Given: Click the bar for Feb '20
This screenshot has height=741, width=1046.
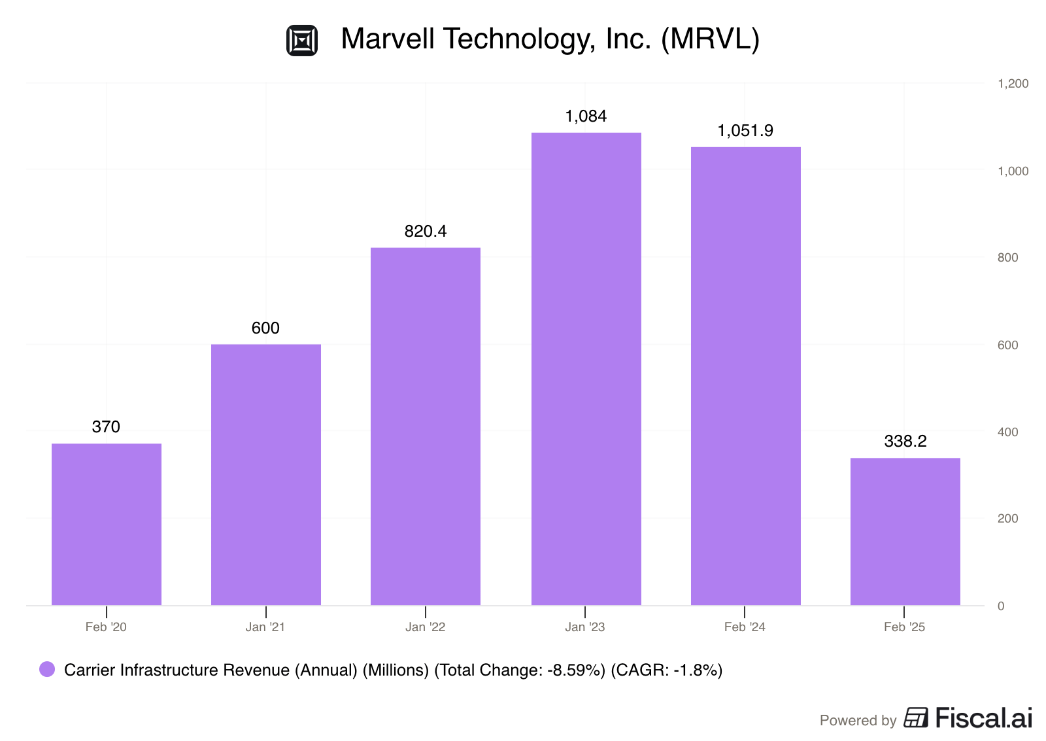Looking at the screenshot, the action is (x=107, y=525).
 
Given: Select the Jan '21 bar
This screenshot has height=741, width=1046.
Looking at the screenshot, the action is (x=266, y=475).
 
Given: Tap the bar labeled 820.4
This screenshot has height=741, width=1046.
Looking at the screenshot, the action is (x=426, y=426).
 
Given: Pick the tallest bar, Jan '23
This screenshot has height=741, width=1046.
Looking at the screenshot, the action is (x=586, y=369).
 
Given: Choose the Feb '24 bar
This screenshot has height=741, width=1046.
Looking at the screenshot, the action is (x=746, y=376).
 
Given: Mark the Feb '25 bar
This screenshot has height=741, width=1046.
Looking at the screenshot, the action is (x=905, y=532).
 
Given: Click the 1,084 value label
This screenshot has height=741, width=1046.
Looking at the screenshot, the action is (x=586, y=116).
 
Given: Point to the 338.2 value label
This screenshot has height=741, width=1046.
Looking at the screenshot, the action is (x=905, y=441).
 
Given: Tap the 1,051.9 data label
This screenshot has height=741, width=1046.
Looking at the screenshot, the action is (x=745, y=130).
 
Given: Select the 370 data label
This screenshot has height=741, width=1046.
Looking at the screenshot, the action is (x=106, y=426).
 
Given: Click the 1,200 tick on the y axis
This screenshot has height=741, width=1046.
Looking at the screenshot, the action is (x=1013, y=84).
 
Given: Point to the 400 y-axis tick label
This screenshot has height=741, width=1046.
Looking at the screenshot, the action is (x=1007, y=432).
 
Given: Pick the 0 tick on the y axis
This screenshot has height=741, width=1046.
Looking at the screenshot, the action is (x=1001, y=606).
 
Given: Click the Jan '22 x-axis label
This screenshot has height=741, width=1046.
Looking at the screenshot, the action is (x=426, y=627).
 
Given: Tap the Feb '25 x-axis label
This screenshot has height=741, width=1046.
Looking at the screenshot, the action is (x=905, y=627).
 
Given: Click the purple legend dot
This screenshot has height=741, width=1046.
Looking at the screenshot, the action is (x=47, y=669).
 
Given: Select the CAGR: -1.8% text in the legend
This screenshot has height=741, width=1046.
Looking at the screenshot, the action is (x=666, y=670).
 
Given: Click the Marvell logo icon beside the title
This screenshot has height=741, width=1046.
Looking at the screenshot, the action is (x=302, y=41).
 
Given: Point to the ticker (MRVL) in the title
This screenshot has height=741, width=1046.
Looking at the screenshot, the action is (x=710, y=39).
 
